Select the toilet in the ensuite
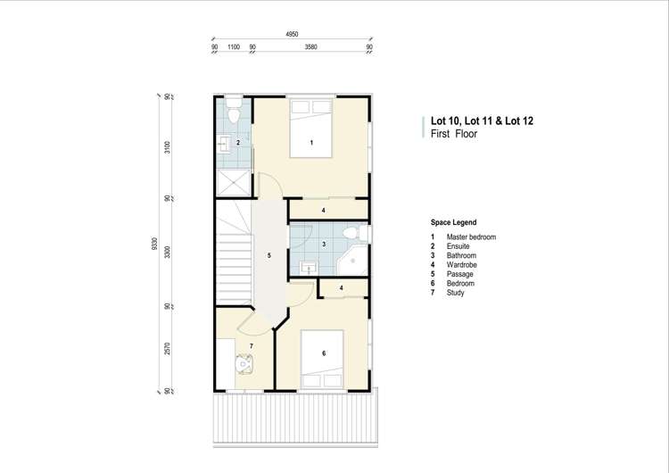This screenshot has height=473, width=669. click(x=233, y=113)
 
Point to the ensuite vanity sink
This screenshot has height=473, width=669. click(x=223, y=143)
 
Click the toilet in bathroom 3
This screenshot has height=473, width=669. click(x=356, y=234)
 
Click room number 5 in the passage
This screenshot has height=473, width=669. click(x=268, y=256)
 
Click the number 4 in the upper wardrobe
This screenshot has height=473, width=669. click(x=324, y=210)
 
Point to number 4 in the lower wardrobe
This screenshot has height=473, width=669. click(x=341, y=288)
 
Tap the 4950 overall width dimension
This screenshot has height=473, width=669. click(x=292, y=33)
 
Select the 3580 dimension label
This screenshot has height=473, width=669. click(x=311, y=46)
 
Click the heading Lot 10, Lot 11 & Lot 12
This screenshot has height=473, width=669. click(x=483, y=120)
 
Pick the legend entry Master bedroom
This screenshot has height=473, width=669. click(x=471, y=236)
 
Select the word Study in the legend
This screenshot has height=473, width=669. click(x=456, y=293)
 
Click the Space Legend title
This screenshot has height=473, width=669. click(x=453, y=222)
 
